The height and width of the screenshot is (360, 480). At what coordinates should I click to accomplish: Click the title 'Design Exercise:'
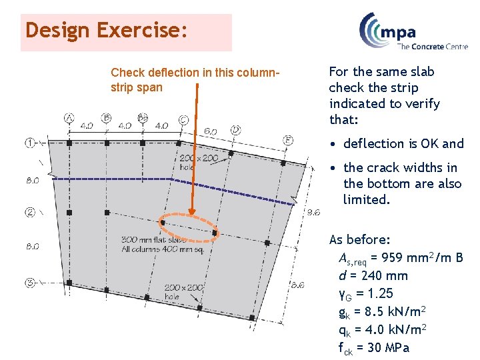[106, 31]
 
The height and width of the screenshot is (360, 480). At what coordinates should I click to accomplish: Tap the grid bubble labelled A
[69, 119]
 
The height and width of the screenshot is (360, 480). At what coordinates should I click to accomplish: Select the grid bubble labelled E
[287, 139]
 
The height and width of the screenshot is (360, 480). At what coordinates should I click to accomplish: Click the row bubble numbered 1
[30, 142]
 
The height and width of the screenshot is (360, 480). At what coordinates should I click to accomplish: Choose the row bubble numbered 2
[30, 212]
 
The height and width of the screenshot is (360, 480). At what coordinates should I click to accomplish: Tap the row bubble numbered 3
[30, 283]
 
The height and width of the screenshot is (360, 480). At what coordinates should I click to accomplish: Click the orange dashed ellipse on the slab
[189, 225]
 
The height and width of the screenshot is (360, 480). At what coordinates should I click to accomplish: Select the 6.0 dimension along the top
[210, 131]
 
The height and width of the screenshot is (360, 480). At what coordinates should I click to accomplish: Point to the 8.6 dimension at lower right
[298, 285]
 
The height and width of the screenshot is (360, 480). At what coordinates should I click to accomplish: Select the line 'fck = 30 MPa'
[374, 347]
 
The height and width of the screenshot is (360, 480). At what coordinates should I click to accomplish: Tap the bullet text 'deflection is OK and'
[403, 143]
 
